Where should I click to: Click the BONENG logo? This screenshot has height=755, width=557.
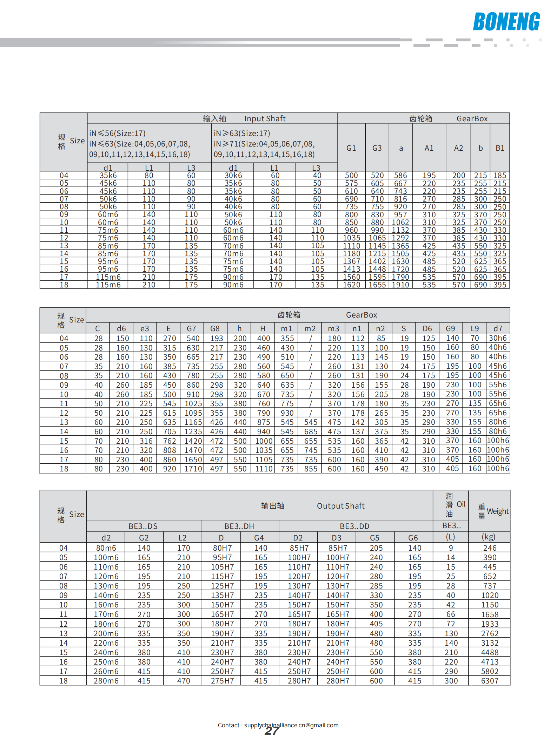coord(506,22)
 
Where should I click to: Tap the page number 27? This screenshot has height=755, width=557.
coord(272,730)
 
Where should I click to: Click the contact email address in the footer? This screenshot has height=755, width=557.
coord(291,725)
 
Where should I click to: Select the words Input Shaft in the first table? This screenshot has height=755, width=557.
coord(265,118)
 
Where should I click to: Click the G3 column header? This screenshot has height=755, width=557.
coord(377,148)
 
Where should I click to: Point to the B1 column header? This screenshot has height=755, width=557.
coord(500,148)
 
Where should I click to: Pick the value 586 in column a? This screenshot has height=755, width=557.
coord(400,175)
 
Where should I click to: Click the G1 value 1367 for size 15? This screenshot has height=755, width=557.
coord(351,261)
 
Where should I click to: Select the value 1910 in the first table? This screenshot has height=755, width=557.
coord(400,285)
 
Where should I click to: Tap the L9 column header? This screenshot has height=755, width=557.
coord(475,328)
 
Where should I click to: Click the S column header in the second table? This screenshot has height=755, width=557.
coord(404,328)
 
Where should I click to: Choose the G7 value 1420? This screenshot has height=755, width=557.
coord(193,441)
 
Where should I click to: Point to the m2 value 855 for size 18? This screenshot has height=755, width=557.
coord(311,469)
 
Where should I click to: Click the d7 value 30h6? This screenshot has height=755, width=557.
coord(498,338)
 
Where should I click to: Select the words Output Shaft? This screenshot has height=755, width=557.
coord(340,506)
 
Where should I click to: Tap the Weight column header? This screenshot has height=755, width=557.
coord(497,511)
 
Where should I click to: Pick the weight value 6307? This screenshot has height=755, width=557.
coord(490,681)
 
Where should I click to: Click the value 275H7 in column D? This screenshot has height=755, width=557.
coord(222,681)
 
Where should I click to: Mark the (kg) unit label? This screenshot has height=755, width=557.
coord(489,537)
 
